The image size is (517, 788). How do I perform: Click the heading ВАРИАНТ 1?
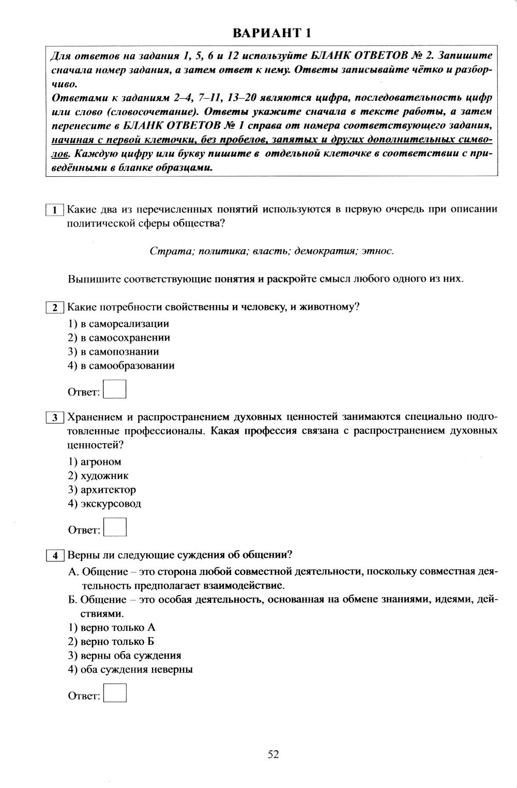coord(272,34)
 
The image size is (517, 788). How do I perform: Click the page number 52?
coord(273,754)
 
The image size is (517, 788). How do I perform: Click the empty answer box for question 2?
coord(115,389)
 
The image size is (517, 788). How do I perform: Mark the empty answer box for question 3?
coord(115,527)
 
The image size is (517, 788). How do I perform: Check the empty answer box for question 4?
coord(115,693)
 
